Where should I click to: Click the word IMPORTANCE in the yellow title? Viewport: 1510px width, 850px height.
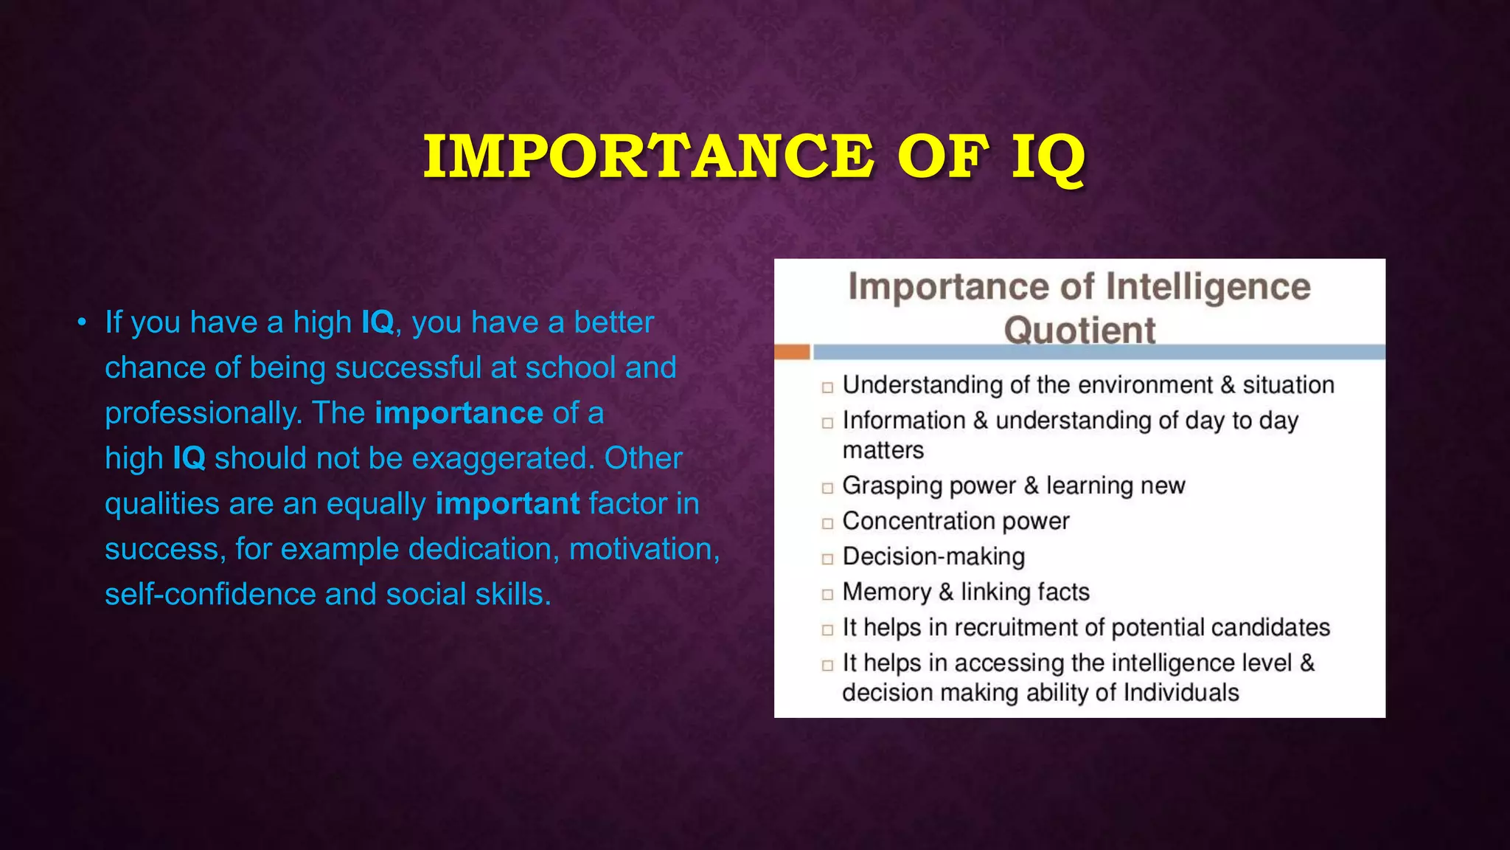[x=649, y=156]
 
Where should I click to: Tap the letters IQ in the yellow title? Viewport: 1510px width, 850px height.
[x=1047, y=158]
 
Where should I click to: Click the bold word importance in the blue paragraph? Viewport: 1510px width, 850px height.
[x=459, y=413]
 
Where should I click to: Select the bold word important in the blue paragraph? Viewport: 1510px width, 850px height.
[x=507, y=504]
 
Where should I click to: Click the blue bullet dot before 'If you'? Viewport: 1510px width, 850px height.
[x=82, y=322]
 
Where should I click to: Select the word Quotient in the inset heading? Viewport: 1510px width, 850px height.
[x=1079, y=330]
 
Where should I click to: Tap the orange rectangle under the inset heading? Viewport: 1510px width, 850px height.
[x=792, y=352]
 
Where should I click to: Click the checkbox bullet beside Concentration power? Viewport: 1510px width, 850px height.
[x=827, y=523]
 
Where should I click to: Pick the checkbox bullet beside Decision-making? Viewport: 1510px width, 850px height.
[x=827, y=559]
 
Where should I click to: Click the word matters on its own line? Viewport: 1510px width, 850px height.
[x=883, y=450]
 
